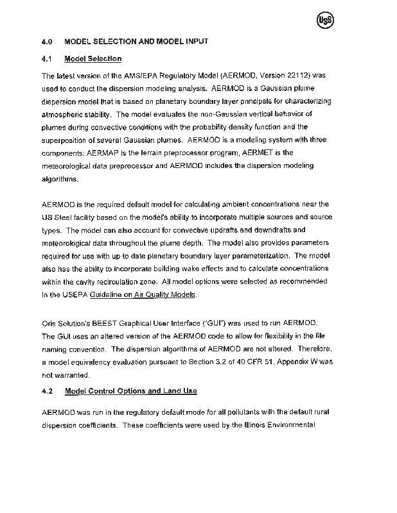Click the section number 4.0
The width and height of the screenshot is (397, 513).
pos(47,42)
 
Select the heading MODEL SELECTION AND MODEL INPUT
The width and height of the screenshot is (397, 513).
pos(137,42)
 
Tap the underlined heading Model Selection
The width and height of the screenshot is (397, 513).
pos(94,59)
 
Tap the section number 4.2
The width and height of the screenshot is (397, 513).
pos(47,391)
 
